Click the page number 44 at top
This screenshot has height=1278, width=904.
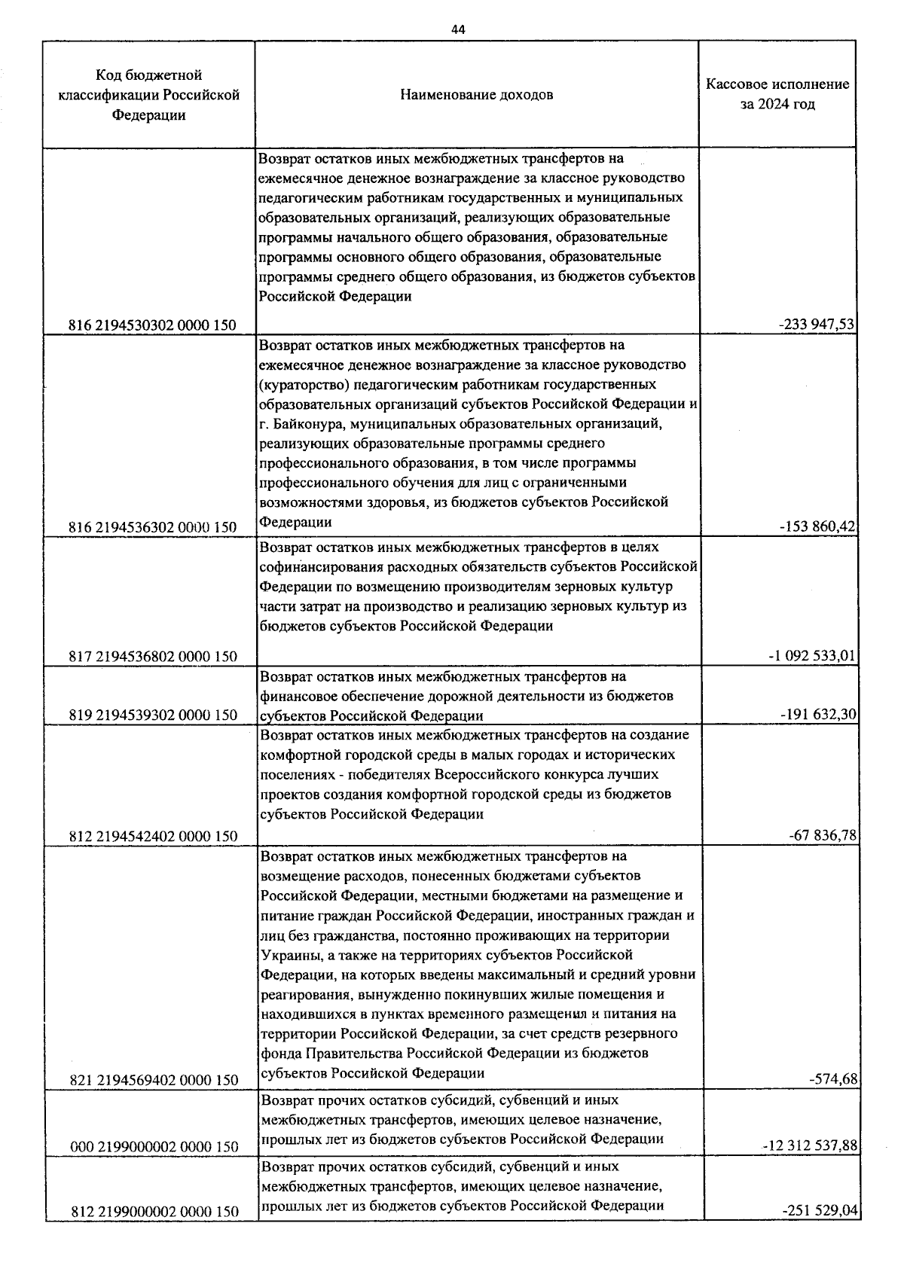coord(458,29)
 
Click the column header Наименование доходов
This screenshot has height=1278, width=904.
coord(477,95)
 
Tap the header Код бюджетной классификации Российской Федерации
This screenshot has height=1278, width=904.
coord(149,95)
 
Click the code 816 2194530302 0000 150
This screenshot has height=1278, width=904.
coord(152,325)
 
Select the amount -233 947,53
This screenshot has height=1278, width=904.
coord(817,325)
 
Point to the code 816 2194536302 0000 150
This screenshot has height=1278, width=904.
coord(152,527)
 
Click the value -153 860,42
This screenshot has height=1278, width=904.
coord(817,526)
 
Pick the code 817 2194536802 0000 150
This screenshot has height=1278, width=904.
coord(152,656)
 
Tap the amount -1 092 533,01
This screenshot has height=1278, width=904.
coord(811,655)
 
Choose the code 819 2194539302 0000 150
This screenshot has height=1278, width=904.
coord(152,715)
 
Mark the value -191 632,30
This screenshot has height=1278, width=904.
coord(819,714)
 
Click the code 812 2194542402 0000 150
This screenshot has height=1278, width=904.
coord(152,836)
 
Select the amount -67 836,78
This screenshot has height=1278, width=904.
coord(822,835)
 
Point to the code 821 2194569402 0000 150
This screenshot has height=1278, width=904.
coord(152,1080)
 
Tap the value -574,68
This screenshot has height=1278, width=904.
coord(832,1079)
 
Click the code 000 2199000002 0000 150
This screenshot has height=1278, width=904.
coord(154,1146)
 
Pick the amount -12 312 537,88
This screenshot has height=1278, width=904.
coord(809,1145)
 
